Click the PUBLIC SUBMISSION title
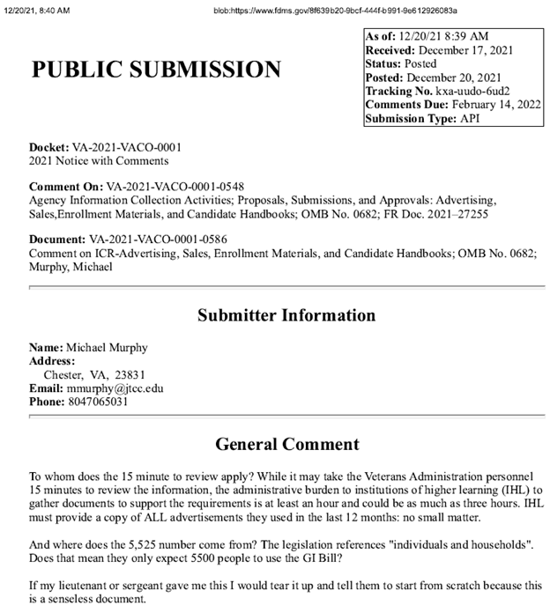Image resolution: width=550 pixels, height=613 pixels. coord(156,70)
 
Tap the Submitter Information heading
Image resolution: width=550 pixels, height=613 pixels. coord(286,314)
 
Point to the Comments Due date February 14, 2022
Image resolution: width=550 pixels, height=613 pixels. coord(490,104)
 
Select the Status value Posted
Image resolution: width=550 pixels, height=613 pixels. coord(420,63)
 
